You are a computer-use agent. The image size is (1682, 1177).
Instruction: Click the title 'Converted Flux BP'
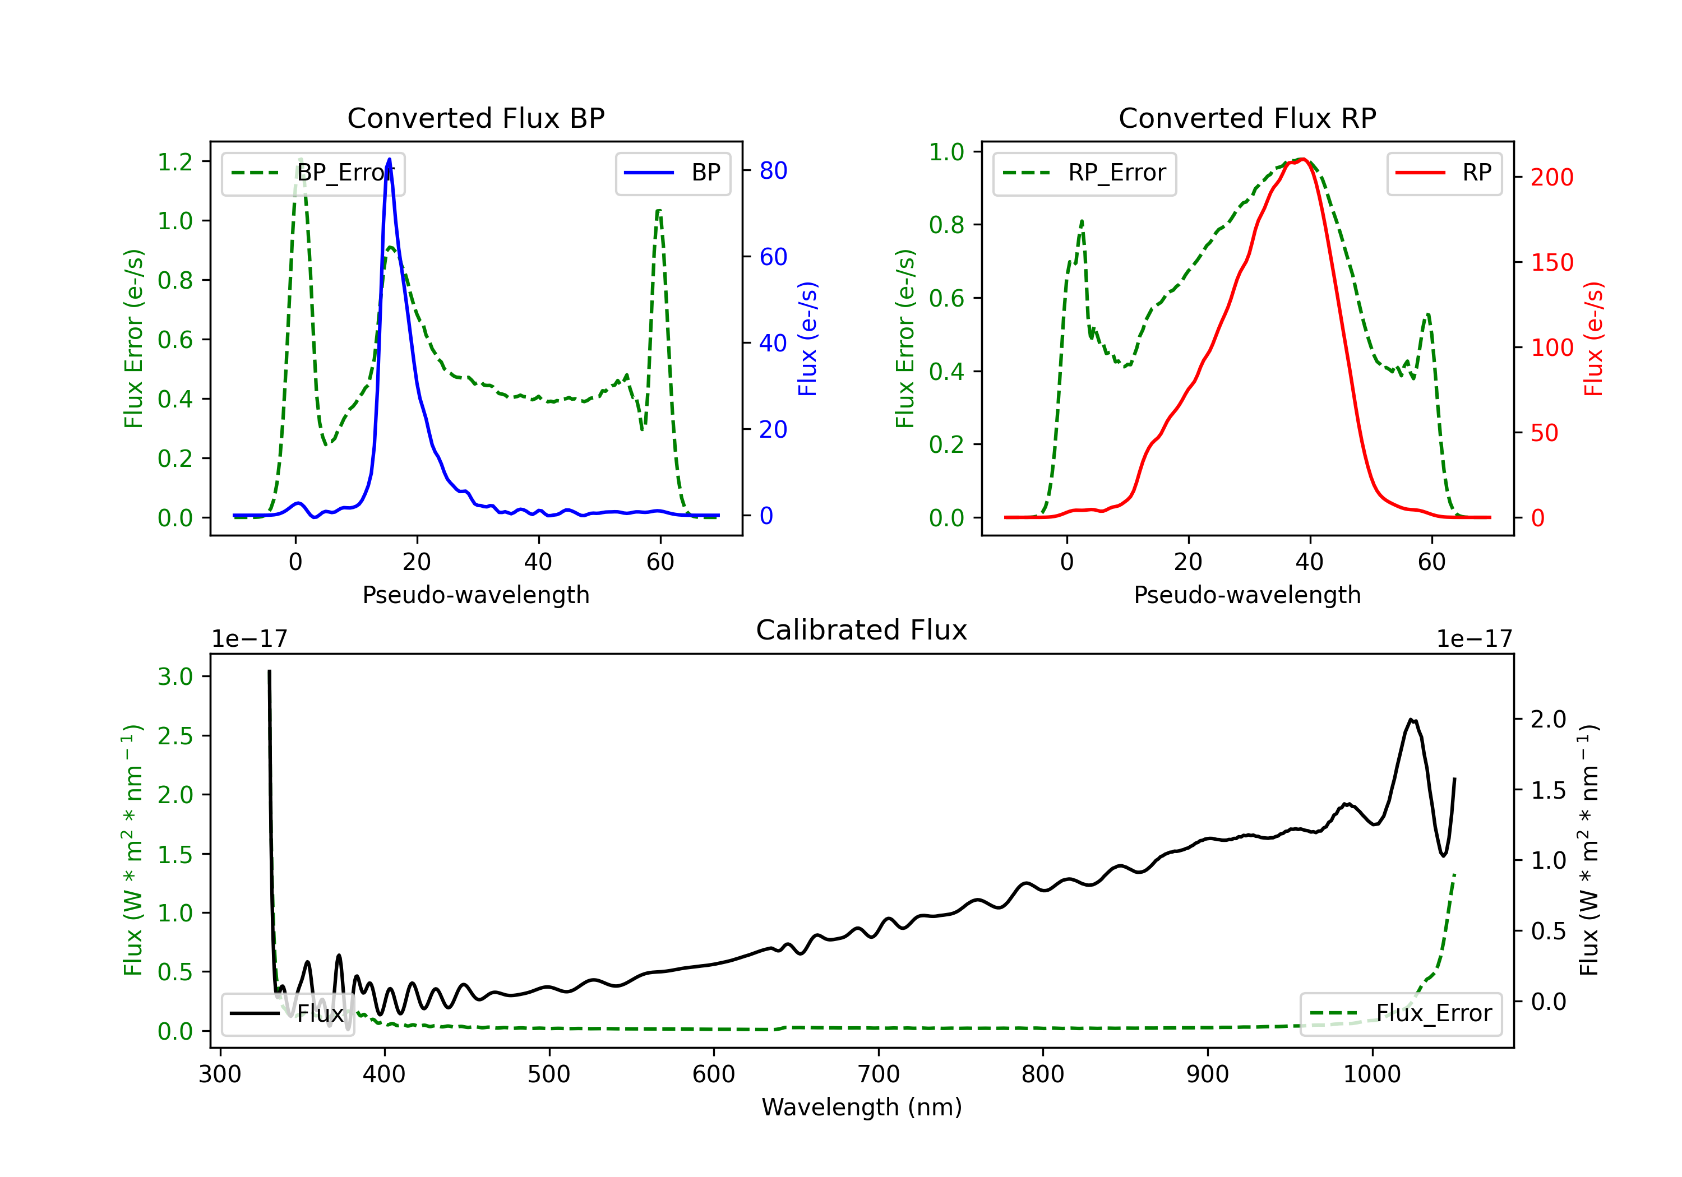pos(476,118)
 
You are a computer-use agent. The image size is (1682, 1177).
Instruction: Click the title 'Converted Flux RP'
pos(1247,118)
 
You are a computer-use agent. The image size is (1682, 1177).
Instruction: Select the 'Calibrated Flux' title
pos(862,630)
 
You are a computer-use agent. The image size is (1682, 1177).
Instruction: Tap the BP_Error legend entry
pos(313,173)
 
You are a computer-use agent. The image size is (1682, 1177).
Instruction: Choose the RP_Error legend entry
pos(1085,173)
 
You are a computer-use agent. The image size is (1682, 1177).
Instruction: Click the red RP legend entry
pos(1444,173)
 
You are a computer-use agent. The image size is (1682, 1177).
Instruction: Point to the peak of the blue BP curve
pos(389,159)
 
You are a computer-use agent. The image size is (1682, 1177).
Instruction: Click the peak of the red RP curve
pos(1302,159)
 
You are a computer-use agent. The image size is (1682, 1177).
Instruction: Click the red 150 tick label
pos(1552,262)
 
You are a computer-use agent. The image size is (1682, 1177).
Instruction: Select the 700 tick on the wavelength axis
pos(879,1074)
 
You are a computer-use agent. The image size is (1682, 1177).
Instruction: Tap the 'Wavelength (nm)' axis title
pos(862,1108)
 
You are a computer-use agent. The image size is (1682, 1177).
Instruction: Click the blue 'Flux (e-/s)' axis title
pos(807,339)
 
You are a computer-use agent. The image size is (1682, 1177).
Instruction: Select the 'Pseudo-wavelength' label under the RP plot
pos(1247,595)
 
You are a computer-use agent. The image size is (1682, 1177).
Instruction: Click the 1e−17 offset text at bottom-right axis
pos(1474,639)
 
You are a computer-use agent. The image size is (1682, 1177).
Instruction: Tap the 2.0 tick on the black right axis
pos(1549,719)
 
